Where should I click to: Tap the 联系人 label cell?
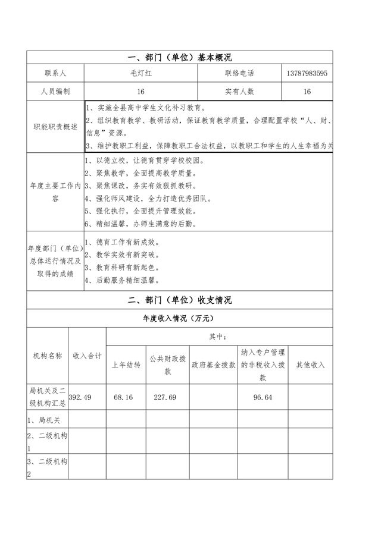click(x=55, y=73)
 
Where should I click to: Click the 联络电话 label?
click(x=239, y=73)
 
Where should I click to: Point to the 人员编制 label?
click(x=55, y=92)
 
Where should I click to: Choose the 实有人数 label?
click(x=239, y=92)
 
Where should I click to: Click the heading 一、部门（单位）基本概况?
click(x=180, y=58)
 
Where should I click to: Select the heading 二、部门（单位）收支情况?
click(x=180, y=301)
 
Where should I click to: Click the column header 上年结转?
click(x=126, y=365)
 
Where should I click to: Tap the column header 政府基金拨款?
click(x=213, y=365)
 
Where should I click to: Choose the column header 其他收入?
click(x=310, y=365)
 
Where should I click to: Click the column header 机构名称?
click(x=48, y=356)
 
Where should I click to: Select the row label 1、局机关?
click(x=43, y=420)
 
